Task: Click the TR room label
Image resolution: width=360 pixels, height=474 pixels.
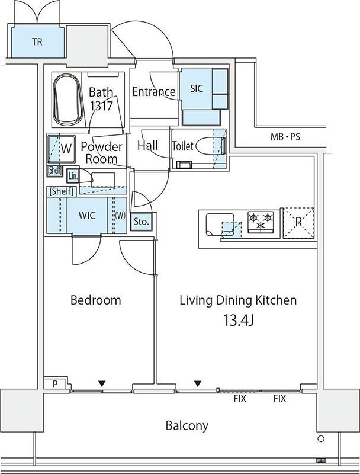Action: coord(37,41)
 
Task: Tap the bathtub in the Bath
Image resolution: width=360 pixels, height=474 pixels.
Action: coord(67,99)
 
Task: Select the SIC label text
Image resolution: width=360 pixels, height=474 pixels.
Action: coord(197,88)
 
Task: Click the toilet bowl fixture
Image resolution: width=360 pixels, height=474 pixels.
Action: coord(211,146)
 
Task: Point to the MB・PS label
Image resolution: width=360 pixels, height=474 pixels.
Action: coord(285,137)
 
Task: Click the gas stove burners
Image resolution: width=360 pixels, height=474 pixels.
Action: coord(261,222)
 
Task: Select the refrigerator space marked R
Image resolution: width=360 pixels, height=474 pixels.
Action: coord(298,223)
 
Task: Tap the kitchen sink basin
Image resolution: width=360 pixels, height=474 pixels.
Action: coord(220,225)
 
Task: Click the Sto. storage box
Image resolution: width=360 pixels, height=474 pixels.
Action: coord(142,222)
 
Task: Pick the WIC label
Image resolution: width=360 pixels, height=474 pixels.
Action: coord(86,215)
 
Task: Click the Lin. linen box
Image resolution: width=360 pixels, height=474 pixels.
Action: coord(73,175)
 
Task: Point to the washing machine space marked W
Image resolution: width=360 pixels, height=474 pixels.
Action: coord(62,149)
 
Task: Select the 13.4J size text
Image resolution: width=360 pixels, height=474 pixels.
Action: coord(238,320)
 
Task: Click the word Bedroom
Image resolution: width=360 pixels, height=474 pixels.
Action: coord(96,300)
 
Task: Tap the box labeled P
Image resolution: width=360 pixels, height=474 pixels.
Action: coord(55,383)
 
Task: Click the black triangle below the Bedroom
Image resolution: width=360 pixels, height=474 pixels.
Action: coord(102,383)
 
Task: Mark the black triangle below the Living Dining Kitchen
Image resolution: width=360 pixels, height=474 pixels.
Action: coord(198,383)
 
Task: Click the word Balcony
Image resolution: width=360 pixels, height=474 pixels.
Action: coord(187,425)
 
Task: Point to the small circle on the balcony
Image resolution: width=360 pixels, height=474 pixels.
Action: coord(321,438)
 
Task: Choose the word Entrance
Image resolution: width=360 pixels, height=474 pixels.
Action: coord(154,91)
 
